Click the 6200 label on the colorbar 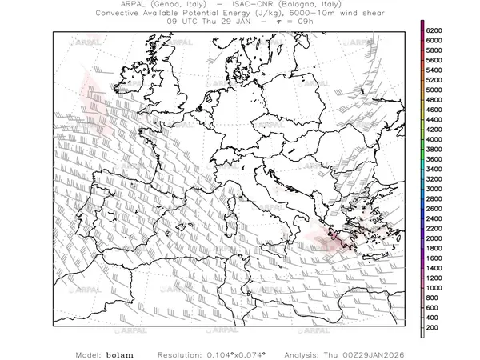tap(434, 30)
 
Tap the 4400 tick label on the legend tap(434, 119)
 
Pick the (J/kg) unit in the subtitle tap(260, 14)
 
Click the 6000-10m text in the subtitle tap(306, 14)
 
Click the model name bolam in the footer tap(120, 354)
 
